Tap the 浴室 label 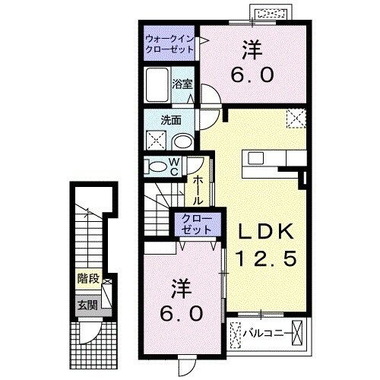pos(181,84)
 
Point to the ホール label pos(198,190)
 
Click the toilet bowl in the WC pos(155,167)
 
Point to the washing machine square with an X pos(156,140)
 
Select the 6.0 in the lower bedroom pos(180,313)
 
